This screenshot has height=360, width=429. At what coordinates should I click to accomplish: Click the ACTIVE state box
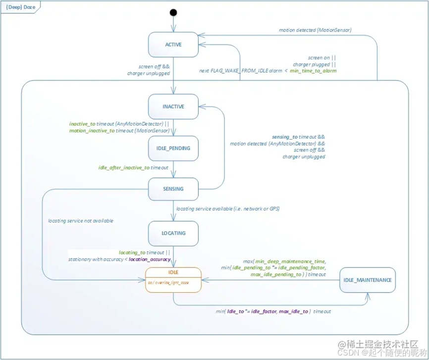point(173,45)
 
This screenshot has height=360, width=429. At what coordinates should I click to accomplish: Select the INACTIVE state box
point(173,107)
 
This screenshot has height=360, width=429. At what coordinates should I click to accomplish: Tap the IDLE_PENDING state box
point(173,148)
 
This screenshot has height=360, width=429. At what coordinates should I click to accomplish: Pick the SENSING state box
point(173,189)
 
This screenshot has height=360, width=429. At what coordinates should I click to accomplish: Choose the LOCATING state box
point(173,233)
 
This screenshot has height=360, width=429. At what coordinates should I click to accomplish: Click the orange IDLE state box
point(173,280)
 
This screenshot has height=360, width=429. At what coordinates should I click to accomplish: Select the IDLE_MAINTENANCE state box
point(368,280)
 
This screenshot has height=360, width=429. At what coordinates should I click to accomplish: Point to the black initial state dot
point(173,12)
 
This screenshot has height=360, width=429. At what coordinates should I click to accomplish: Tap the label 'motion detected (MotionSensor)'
point(315,30)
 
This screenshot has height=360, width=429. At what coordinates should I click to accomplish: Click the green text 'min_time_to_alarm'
point(313,71)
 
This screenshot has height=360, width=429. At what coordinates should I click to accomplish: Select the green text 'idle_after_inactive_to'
point(124,168)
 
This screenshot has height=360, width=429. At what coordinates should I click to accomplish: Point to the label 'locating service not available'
point(80,221)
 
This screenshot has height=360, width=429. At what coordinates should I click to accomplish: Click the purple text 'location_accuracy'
point(150,259)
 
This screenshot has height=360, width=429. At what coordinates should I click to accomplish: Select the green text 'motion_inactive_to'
point(92,131)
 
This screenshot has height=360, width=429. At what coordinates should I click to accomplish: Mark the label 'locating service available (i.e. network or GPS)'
point(228,209)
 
